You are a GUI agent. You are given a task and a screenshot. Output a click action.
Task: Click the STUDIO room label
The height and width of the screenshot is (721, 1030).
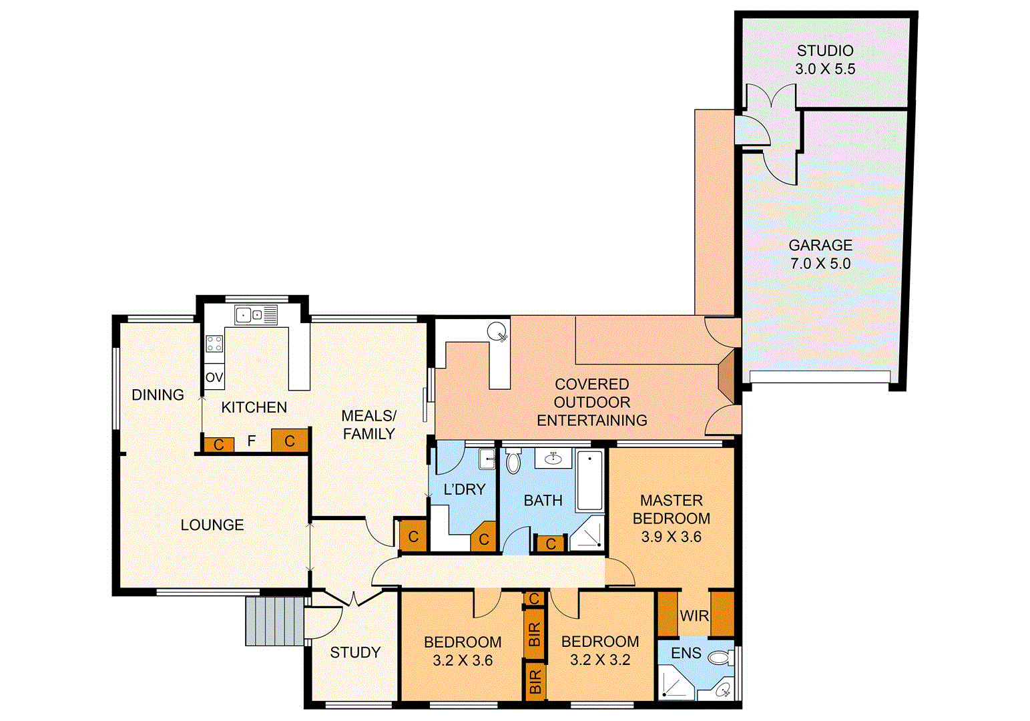[825, 51]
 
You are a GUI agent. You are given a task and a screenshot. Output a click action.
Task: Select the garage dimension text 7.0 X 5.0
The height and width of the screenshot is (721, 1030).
[820, 264]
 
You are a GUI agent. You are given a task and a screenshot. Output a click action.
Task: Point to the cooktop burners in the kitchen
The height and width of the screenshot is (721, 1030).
[214, 344]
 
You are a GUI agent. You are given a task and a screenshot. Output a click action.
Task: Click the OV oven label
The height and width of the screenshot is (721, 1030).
[214, 378]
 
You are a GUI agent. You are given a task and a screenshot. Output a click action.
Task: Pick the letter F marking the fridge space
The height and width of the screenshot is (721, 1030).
[252, 441]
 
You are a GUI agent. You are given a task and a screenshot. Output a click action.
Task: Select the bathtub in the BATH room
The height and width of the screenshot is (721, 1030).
[589, 481]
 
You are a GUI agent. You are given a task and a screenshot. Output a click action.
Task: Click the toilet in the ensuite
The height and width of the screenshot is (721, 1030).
[719, 658]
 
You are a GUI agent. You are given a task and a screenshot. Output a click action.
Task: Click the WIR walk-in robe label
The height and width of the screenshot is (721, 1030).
[694, 616]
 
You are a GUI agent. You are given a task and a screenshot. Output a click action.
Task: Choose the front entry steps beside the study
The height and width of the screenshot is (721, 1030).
[274, 621]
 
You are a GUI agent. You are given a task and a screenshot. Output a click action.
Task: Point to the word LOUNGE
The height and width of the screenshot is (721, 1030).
[212, 525]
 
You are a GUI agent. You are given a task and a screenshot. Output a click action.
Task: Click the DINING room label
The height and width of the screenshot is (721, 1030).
[158, 395]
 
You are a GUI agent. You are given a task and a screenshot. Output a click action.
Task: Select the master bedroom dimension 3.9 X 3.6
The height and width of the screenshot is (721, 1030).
[671, 537]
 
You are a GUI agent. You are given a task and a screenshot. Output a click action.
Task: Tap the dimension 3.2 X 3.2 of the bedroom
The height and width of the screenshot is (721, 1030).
[600, 660]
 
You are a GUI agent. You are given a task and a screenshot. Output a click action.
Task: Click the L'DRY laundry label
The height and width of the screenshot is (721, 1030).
[464, 489]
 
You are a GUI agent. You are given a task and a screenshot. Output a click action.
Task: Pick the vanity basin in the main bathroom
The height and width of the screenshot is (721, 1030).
[553, 458]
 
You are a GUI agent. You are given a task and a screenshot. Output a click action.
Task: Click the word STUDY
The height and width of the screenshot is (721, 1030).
[355, 652]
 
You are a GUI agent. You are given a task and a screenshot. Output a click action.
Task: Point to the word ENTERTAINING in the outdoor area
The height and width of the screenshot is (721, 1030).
[591, 420]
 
